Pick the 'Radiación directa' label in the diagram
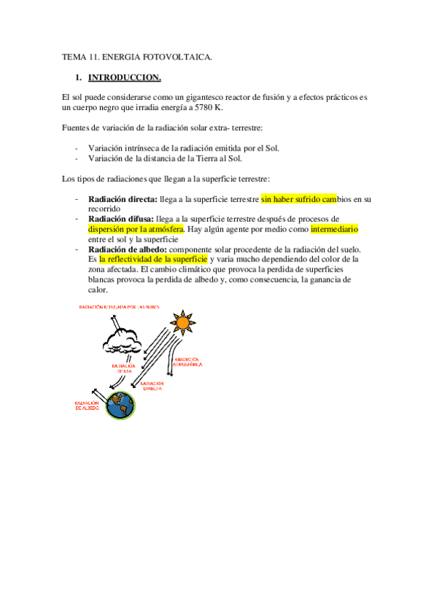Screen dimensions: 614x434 click(151, 384)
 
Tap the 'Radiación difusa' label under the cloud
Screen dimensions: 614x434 click(123, 369)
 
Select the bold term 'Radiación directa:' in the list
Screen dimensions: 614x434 click(121, 198)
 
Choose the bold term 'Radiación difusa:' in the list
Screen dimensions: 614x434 click(120, 219)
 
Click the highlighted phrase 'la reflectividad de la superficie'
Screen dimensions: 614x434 click(153, 259)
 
